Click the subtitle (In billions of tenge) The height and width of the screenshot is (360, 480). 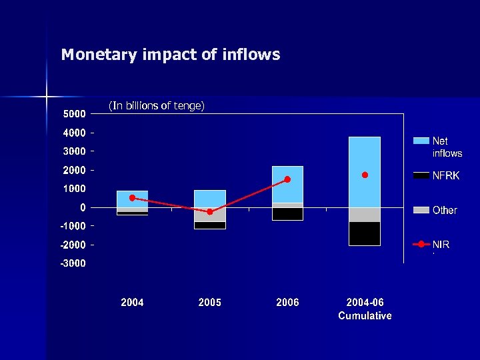pyautogui.click(x=156, y=105)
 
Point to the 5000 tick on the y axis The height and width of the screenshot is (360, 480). pyautogui.click(x=74, y=113)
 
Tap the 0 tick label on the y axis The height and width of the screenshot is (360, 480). pyautogui.click(x=83, y=207)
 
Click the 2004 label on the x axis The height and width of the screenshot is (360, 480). pyautogui.click(x=132, y=302)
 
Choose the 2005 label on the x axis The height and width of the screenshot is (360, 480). pyautogui.click(x=210, y=302)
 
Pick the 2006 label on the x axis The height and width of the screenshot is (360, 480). pyautogui.click(x=287, y=302)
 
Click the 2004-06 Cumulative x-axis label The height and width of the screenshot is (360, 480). pyautogui.click(x=365, y=309)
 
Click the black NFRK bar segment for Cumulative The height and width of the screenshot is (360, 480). pyautogui.click(x=365, y=233)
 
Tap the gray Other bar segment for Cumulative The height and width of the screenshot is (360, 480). pyautogui.click(x=365, y=215)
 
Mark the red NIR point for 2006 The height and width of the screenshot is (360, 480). pyautogui.click(x=287, y=179)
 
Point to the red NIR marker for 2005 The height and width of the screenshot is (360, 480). pyautogui.click(x=210, y=211)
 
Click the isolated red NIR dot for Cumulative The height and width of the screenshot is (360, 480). pyautogui.click(x=365, y=175)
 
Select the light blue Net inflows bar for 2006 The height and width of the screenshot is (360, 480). pyautogui.click(x=287, y=184)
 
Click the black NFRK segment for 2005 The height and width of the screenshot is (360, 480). pyautogui.click(x=210, y=225)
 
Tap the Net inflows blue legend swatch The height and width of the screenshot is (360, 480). pyautogui.click(x=421, y=141)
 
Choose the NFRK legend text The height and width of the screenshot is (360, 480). pyautogui.click(x=445, y=176)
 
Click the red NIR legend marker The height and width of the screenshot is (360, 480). pyautogui.click(x=421, y=245)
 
